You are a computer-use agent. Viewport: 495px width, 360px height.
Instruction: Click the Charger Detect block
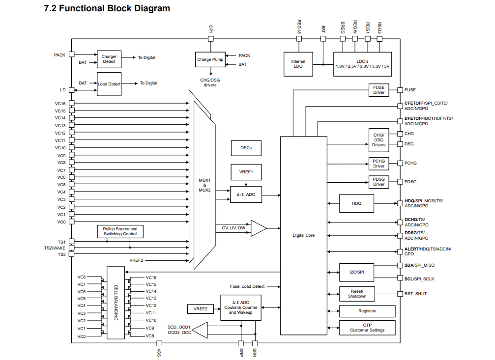coord(109,59)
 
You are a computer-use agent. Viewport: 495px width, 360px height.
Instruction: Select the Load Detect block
coord(109,84)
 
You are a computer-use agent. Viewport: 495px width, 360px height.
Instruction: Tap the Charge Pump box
coord(210,59)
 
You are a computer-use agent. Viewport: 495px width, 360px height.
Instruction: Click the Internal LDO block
coord(298,64)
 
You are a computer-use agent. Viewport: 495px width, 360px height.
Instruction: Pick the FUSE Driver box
coord(379,90)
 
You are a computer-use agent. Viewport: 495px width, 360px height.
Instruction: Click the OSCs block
coord(246,148)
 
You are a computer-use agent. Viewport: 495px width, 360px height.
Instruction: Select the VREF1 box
coord(246,172)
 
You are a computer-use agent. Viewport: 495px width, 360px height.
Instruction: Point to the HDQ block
coord(356,203)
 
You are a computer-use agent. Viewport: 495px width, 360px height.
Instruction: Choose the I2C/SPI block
coord(356,272)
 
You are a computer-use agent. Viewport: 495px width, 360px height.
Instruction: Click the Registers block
coord(367,311)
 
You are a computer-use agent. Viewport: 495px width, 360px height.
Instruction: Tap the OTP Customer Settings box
coord(367,328)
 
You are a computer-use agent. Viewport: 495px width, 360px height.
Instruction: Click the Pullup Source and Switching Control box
coord(120,232)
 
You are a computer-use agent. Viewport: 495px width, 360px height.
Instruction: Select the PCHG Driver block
coord(379,164)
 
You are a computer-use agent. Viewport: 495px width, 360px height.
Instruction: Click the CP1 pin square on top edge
coord(210,39)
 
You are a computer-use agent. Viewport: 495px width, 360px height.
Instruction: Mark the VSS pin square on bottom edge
coord(159,343)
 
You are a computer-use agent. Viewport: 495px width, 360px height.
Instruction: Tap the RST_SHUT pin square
coord(400,294)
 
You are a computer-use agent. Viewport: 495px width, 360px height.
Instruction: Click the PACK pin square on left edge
coord(72,54)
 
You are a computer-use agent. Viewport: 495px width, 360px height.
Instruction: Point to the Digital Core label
coord(303,235)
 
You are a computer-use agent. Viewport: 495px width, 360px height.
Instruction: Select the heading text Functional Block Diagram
coord(114,8)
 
